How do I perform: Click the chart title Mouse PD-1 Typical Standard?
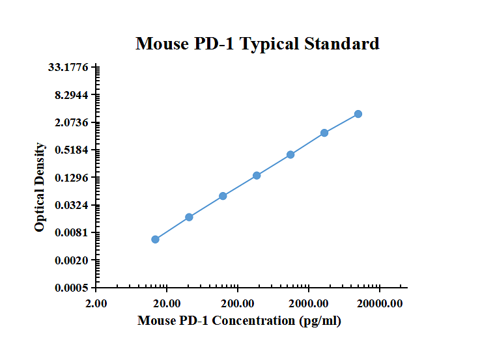click(x=257, y=44)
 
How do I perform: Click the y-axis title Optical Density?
click(x=40, y=187)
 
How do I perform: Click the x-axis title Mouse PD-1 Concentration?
click(x=239, y=321)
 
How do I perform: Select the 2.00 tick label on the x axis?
click(x=96, y=303)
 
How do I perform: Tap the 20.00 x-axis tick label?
click(x=167, y=303)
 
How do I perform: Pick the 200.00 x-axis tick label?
click(x=238, y=303)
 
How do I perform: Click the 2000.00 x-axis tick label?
click(x=309, y=303)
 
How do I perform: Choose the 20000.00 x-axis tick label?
click(x=380, y=303)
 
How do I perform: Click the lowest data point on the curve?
click(x=155, y=240)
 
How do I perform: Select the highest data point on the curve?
click(x=358, y=114)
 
